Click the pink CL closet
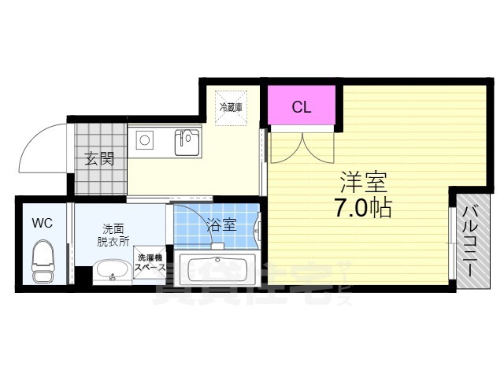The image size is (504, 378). [x=301, y=106]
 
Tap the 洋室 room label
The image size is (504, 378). [x=364, y=183]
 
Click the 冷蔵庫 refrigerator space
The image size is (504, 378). [x=232, y=106]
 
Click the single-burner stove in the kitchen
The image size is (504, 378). [x=145, y=140]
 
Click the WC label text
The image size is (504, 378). [x=42, y=223]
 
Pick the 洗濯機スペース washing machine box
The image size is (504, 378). [x=150, y=263]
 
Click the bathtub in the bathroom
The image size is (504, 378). [x=215, y=268]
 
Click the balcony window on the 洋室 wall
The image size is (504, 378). [x=451, y=239]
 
